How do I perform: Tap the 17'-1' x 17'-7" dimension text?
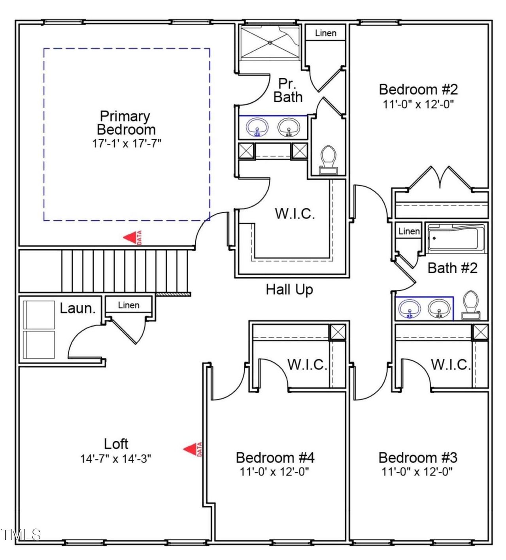coord(126,143)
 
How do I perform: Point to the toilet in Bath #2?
coord(471,305)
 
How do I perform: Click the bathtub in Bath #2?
coord(457,238)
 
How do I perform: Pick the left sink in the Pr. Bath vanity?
coord(257,128)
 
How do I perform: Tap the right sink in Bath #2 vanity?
coord(439,308)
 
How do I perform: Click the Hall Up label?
coord(289,289)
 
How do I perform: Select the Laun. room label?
coord(78,308)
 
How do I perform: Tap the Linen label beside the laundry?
coord(129,305)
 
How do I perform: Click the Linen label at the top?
coord(326,33)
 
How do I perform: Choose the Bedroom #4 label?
coord(275,458)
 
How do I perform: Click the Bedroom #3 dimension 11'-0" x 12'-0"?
coord(417,472)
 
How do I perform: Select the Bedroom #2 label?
coord(418,89)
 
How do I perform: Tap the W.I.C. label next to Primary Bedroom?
coord(295,214)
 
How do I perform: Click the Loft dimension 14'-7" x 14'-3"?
coord(116,459)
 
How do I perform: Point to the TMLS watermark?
coord(21,535)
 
